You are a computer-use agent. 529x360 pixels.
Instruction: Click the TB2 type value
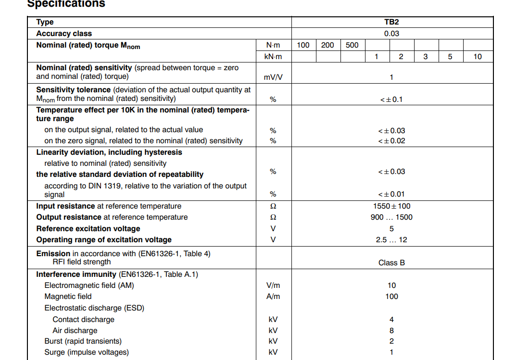(x=391, y=22)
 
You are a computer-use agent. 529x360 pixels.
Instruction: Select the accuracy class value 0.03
(x=391, y=34)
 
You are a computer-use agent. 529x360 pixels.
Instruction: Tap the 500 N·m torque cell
(x=352, y=45)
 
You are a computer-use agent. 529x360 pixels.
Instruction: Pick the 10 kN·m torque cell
(x=477, y=57)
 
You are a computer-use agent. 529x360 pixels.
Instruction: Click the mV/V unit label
(x=273, y=77)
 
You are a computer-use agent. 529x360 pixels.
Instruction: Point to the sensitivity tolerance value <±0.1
(x=391, y=99)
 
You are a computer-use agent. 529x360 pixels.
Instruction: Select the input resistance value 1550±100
(x=391, y=206)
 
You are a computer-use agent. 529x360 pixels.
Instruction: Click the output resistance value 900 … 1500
(x=391, y=217)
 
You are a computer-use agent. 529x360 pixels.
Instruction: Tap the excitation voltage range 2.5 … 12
(x=391, y=240)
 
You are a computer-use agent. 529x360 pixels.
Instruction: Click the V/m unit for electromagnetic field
(x=273, y=286)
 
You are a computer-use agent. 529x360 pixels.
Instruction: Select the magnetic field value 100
(x=391, y=297)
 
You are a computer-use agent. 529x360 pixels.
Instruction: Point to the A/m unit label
(x=273, y=297)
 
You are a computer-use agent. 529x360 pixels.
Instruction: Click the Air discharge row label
(x=75, y=331)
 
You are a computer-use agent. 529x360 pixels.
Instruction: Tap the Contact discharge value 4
(x=391, y=320)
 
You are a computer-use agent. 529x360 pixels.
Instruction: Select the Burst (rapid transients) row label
(x=83, y=341)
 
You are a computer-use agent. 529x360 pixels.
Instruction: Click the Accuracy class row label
(x=64, y=34)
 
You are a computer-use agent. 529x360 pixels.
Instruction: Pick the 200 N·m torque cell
(x=327, y=45)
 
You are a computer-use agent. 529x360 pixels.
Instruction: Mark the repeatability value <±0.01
(x=391, y=195)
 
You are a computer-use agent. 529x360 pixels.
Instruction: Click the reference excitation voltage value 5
(x=391, y=229)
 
